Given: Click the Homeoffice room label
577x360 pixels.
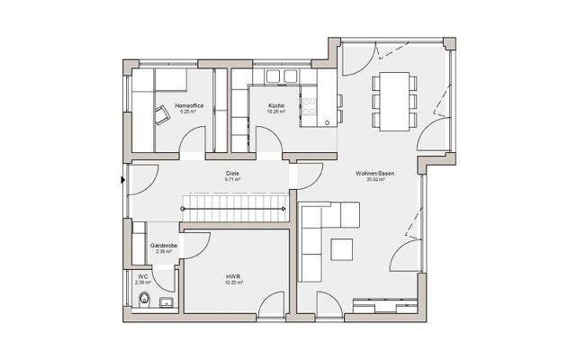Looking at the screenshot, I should tap(189, 106).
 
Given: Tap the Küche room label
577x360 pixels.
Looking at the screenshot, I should tap(276, 106).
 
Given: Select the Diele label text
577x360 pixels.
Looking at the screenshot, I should tap(232, 173).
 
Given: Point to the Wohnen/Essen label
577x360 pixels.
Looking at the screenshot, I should tap(365, 173).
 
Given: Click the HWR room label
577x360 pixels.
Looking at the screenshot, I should tap(232, 277).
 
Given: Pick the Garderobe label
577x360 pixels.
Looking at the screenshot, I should tap(163, 245).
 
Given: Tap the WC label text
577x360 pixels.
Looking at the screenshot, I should tap(142, 275).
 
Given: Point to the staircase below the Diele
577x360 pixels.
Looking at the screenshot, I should tap(234, 208).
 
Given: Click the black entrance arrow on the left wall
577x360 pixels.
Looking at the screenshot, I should tap(123, 179).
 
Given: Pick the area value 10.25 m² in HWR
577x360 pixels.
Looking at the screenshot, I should tap(232, 284).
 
